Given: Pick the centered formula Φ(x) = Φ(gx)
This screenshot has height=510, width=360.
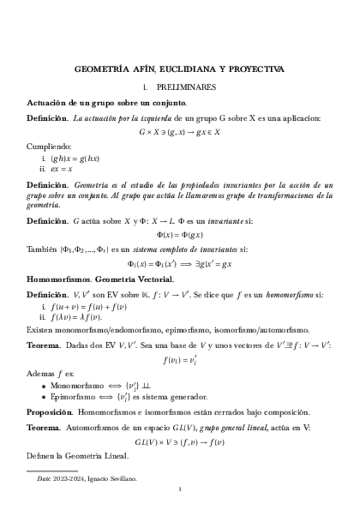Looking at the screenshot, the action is (180, 234).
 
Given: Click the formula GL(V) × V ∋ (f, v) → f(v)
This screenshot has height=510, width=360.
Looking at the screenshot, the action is (180, 443).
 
